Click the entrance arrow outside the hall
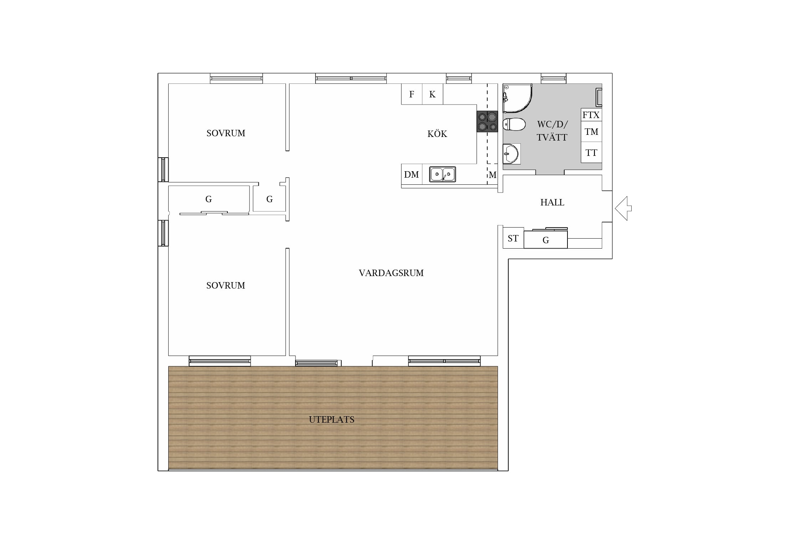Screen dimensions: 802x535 click(623, 208)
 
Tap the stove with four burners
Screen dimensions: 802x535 click(487, 122)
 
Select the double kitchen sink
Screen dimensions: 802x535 click(442, 174)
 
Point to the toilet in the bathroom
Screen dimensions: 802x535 click(514, 124)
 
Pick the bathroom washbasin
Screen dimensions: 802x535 click(511, 154)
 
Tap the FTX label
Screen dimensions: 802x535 click(591, 115)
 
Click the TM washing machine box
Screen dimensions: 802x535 click(591, 132)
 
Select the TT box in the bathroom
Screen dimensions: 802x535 click(591, 153)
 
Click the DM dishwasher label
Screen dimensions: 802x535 click(411, 175)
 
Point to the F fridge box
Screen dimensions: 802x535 click(412, 94)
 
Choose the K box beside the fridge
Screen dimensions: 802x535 click(433, 94)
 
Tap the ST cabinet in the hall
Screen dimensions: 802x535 click(513, 238)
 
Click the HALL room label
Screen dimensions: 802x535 click(552, 203)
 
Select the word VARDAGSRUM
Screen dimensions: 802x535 click(391, 273)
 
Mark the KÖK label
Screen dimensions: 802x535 click(437, 133)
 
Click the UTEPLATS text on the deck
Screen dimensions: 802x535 click(331, 419)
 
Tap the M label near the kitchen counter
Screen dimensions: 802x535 click(493, 175)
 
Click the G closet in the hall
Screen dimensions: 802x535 click(546, 239)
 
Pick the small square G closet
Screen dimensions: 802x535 click(269, 199)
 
